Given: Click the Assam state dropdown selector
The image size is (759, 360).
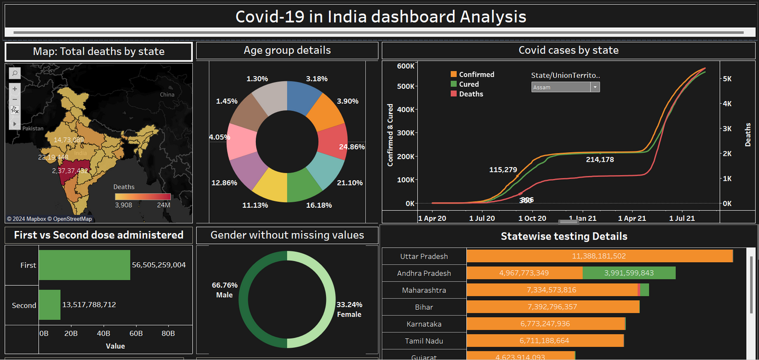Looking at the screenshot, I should click(x=565, y=87).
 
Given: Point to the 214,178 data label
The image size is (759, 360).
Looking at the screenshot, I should click(x=600, y=159).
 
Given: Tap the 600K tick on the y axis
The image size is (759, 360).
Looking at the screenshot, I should click(x=405, y=66).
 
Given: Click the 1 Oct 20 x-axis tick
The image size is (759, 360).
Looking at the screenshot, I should click(x=532, y=218).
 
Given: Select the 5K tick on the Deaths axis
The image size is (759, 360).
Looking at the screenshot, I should click(x=727, y=78).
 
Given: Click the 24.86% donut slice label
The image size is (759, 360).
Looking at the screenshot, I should click(x=352, y=147).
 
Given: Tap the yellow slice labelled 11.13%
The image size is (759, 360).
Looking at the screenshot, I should click(x=270, y=185).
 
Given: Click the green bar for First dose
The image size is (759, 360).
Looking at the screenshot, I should click(x=84, y=265).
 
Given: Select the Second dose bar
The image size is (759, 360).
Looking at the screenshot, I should click(x=50, y=305).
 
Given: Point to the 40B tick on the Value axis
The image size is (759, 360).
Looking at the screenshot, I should click(x=104, y=334).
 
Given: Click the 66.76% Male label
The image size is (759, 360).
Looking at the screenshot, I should click(x=225, y=290).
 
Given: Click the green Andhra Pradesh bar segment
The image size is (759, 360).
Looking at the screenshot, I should click(x=629, y=273).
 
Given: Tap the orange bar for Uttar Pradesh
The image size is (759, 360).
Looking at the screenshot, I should click(x=599, y=256).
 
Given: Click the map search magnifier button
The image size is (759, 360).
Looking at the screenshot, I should click(x=15, y=73).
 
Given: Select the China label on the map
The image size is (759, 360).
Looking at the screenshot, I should click(x=167, y=95).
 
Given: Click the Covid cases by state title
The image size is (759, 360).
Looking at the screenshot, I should click(x=568, y=51).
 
